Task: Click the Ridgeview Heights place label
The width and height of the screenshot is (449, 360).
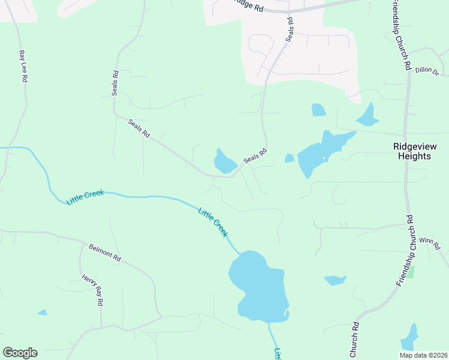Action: pyautogui.click(x=412, y=151)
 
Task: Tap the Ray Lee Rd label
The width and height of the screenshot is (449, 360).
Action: pyautogui.click(x=23, y=66)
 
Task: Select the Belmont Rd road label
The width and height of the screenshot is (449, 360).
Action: pyautogui.click(x=105, y=253)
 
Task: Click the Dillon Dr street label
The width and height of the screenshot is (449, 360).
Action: pyautogui.click(x=427, y=70)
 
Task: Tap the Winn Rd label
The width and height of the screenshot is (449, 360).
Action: pyautogui.click(x=430, y=244)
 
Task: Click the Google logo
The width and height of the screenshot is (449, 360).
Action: pyautogui.click(x=20, y=353)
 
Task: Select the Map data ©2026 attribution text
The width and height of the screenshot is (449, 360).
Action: pyautogui.click(x=423, y=355)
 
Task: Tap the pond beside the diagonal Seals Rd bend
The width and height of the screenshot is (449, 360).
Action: pyautogui.click(x=225, y=161)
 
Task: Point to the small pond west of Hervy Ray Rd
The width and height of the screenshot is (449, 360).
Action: pyautogui.click(x=42, y=312)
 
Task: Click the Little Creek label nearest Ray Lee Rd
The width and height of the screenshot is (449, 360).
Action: pyautogui.click(x=85, y=197)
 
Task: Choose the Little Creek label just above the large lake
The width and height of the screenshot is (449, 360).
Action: pyautogui.click(x=214, y=222)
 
